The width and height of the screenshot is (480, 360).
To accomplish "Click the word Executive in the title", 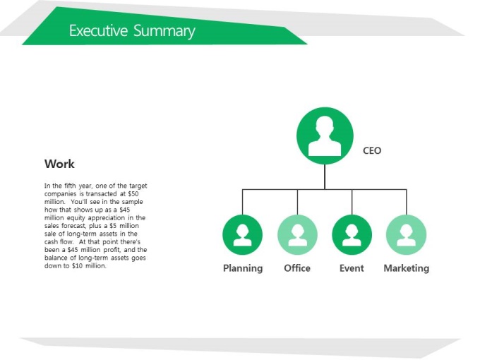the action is click(98, 30).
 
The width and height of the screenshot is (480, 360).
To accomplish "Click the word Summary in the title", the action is click(164, 32).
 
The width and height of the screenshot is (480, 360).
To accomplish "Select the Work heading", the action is click(59, 164).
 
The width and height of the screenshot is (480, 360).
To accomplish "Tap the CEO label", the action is click(372, 150).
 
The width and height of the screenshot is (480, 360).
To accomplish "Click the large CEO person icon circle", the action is click(325, 136).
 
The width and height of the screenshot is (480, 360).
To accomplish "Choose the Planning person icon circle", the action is click(242, 235).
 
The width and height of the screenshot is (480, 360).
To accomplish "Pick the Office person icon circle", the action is click(297, 235).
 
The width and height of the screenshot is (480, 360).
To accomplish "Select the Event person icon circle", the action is click(352, 235).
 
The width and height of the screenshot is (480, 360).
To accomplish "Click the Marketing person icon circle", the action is click(407, 235).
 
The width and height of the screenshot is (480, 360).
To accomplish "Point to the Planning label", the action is click(243, 268).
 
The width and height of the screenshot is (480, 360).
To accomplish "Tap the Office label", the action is click(297, 268).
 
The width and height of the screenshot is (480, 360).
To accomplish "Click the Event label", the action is click(352, 268).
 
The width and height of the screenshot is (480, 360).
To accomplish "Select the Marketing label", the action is click(406, 268).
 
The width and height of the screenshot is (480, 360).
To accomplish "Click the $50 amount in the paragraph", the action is click(133, 194).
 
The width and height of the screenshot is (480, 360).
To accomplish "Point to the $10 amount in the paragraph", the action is click(78, 265).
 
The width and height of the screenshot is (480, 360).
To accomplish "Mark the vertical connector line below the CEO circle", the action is click(325, 177).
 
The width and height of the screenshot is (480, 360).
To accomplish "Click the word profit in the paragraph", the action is click(112, 250).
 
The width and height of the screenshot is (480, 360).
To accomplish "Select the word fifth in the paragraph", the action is click(70, 186).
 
